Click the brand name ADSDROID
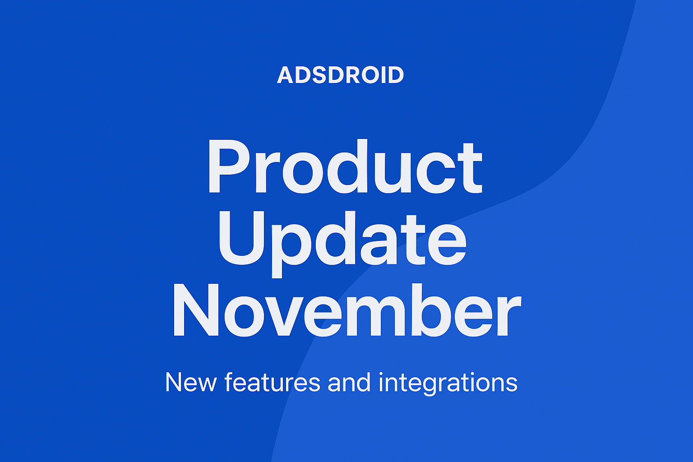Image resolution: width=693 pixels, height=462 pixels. [340, 75]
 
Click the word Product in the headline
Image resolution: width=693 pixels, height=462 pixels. [346, 166]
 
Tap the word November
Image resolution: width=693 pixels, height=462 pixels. [347, 310]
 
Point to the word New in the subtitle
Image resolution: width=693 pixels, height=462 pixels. [191, 383]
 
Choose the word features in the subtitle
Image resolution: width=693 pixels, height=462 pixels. [272, 382]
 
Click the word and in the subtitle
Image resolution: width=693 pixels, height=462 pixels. [349, 382]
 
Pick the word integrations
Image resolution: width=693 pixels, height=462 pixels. [448, 384]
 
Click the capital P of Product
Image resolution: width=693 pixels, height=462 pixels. [229, 166]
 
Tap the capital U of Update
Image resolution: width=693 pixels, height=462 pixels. [242, 238]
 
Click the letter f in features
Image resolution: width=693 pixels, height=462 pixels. [229, 382]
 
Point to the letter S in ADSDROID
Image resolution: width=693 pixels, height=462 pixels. [319, 75]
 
